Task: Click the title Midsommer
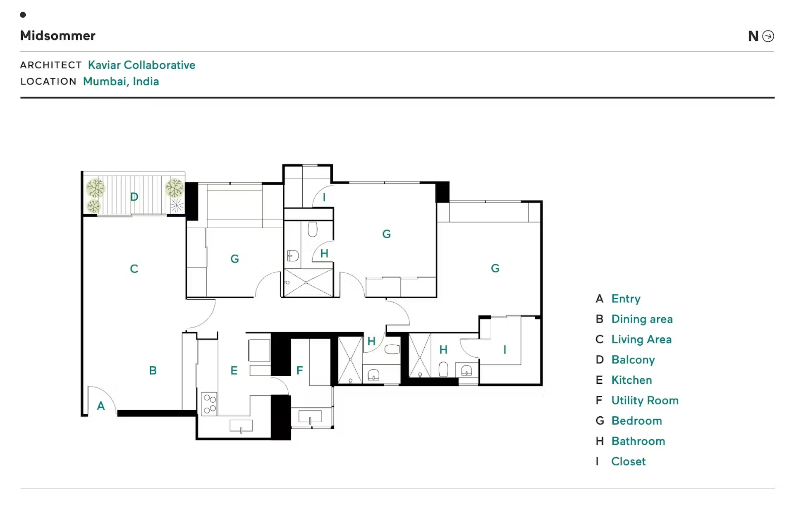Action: (x=57, y=36)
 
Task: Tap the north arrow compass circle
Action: (x=768, y=36)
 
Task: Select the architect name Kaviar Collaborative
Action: (x=141, y=65)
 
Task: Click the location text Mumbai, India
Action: (x=121, y=81)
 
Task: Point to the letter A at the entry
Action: (x=101, y=406)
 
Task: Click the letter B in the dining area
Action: (x=153, y=370)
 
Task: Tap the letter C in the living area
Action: (x=134, y=269)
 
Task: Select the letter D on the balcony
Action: (x=134, y=197)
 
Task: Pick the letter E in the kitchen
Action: (x=234, y=370)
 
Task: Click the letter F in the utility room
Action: (x=300, y=370)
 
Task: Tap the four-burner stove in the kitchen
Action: (x=209, y=404)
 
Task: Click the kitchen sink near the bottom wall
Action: (x=241, y=426)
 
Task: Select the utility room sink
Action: (x=310, y=417)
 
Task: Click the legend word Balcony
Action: (x=633, y=360)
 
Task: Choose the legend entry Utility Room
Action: (x=645, y=400)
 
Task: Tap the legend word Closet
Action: (x=628, y=461)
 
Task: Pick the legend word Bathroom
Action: (x=638, y=441)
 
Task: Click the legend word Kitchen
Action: (x=631, y=380)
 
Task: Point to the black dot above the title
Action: (x=23, y=15)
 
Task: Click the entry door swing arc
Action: (x=108, y=393)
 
